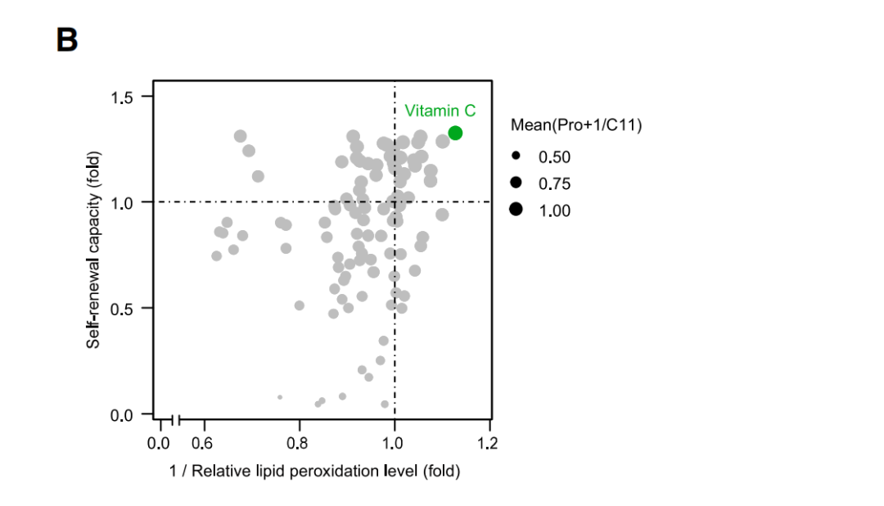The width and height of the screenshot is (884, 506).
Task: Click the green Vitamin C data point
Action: click(455, 133)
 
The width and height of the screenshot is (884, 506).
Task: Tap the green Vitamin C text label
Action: click(440, 111)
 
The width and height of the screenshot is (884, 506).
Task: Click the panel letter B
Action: click(66, 40)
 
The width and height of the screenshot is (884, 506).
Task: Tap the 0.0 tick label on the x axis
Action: click(158, 444)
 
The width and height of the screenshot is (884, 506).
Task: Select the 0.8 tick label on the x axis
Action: click(299, 444)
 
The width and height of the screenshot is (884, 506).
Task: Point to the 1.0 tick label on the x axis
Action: click(395, 444)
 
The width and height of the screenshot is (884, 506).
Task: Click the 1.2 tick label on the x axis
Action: click(489, 444)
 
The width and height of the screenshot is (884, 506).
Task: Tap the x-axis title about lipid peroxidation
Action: click(314, 472)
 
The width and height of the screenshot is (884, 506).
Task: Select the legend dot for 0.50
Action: click(516, 155)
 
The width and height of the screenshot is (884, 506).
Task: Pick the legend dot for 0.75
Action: click(516, 182)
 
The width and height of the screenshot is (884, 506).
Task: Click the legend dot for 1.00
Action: click(516, 210)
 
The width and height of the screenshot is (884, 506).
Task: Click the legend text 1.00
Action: click(555, 210)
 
